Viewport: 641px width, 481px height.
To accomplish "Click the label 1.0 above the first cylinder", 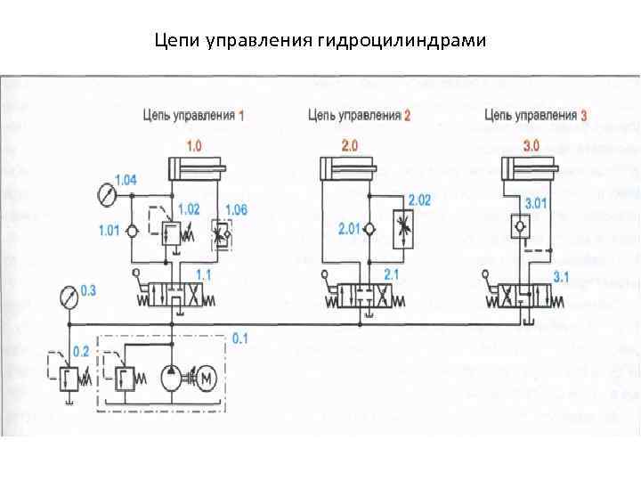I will (x=192, y=143).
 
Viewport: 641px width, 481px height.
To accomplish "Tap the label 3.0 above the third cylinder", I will (x=531, y=143).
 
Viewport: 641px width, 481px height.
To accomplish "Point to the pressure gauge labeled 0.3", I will (x=65, y=295).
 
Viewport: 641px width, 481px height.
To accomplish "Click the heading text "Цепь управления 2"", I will (x=359, y=115).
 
